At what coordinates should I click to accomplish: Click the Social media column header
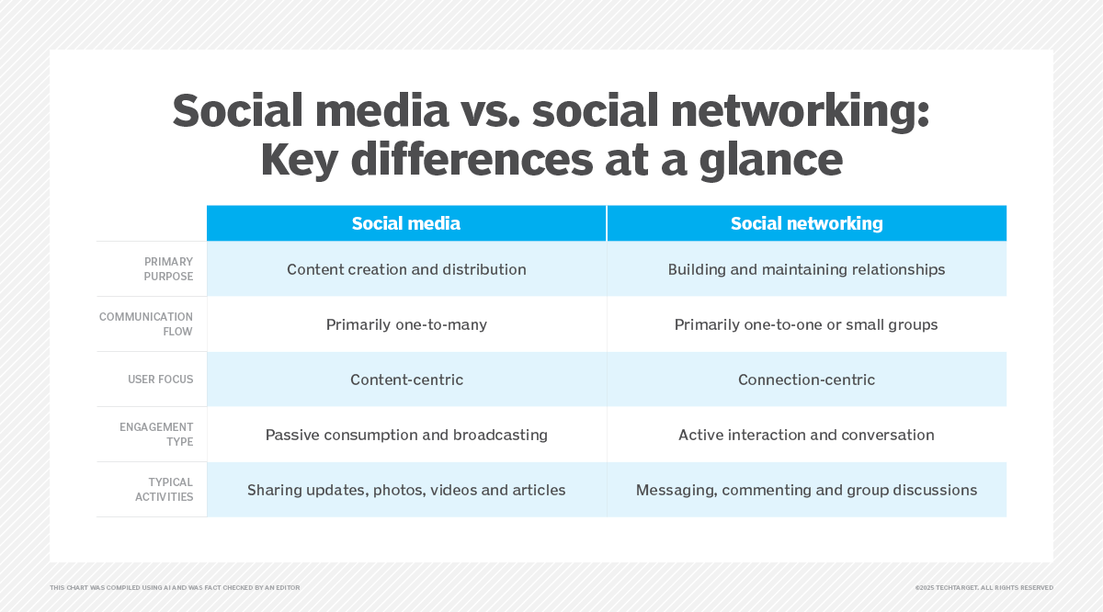pyautogui.click(x=406, y=223)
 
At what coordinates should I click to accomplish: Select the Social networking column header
pyautogui.click(x=807, y=223)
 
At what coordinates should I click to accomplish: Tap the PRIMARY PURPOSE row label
pyautogui.click(x=168, y=269)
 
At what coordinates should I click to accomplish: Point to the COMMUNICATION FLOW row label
pyautogui.click(x=146, y=324)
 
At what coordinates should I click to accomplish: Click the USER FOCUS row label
pyautogui.click(x=161, y=380)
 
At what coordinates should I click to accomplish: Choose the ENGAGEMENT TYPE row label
pyautogui.click(x=156, y=435)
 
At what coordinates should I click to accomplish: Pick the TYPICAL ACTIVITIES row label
pyautogui.click(x=164, y=490)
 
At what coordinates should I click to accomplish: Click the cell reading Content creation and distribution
pyautogui.click(x=406, y=269)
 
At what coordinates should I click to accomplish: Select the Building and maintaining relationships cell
pyautogui.click(x=807, y=269)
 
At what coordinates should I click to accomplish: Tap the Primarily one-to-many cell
pyautogui.click(x=406, y=324)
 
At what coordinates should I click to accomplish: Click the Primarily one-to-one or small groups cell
pyautogui.click(x=807, y=324)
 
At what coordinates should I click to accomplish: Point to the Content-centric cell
pyautogui.click(x=406, y=380)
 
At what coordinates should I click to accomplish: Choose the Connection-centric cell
pyautogui.click(x=807, y=380)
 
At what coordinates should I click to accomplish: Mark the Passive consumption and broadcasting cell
pyautogui.click(x=406, y=435)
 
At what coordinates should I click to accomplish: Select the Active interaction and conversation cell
pyautogui.click(x=807, y=435)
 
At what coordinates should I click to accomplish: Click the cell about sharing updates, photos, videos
pyautogui.click(x=406, y=490)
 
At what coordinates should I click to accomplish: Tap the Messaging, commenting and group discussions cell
pyautogui.click(x=807, y=490)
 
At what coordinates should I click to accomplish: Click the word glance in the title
pyautogui.click(x=771, y=162)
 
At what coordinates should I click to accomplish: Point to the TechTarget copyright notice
pyautogui.click(x=984, y=588)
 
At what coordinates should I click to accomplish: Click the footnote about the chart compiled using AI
pyautogui.click(x=175, y=588)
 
